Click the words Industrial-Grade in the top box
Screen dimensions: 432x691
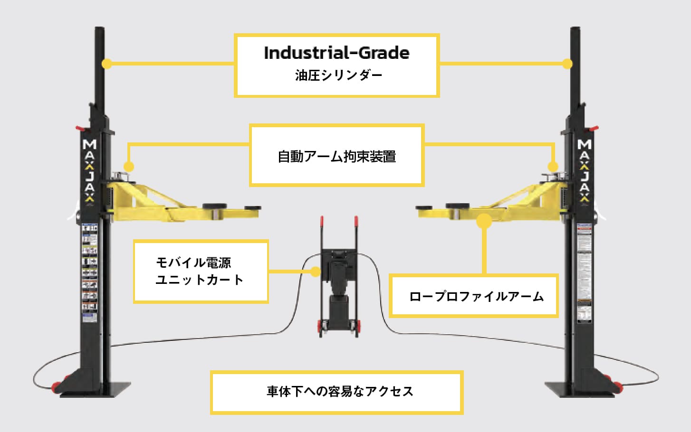click(336, 53)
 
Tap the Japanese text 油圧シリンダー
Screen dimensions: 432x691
click(338, 75)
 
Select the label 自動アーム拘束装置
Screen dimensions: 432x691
click(336, 156)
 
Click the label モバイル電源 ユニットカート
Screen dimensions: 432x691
click(200, 271)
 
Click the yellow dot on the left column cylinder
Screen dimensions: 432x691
click(107, 64)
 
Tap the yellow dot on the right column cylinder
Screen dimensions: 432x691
click(567, 64)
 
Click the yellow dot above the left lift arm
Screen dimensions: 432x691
click(129, 167)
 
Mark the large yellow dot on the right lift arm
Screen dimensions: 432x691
click(484, 221)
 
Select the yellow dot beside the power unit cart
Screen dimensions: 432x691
click(316, 272)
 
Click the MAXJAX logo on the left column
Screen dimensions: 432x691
click(89, 171)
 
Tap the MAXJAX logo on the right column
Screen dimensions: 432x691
click(585, 171)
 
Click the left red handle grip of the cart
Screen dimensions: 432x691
click(322, 221)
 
